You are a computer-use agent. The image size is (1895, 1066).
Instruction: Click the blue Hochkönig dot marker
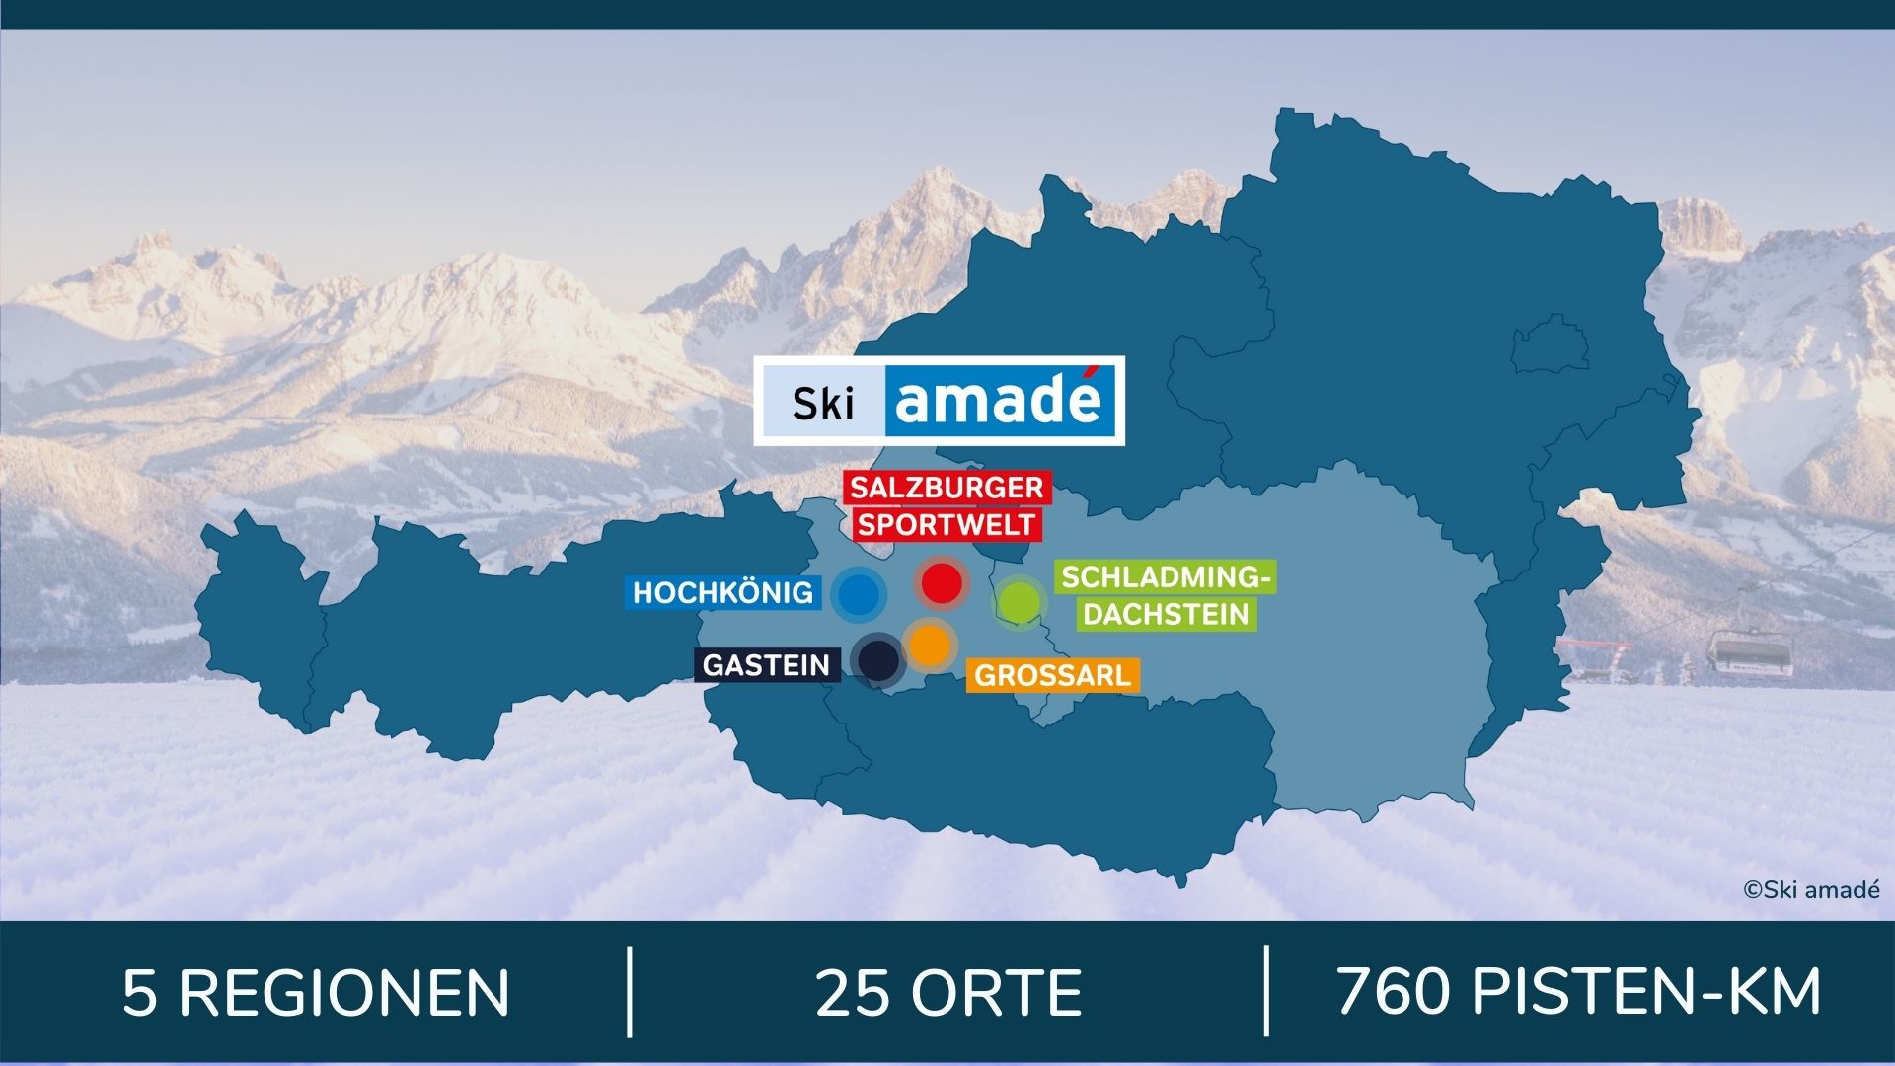pyautogui.click(x=858, y=594)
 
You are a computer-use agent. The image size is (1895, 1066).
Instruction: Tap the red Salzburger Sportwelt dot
pyautogui.click(x=941, y=582)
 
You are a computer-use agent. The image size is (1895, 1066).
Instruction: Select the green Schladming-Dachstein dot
pyautogui.click(x=1019, y=601)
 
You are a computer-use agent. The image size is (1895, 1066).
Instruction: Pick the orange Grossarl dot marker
pyautogui.click(x=929, y=645)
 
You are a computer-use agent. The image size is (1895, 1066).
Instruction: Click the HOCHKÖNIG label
pyautogui.click(x=723, y=593)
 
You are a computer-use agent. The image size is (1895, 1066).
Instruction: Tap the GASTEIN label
pyautogui.click(x=766, y=665)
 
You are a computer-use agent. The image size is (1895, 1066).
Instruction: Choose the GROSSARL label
pyautogui.click(x=1052, y=676)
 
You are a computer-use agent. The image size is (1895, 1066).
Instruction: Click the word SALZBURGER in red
pyautogui.click(x=947, y=488)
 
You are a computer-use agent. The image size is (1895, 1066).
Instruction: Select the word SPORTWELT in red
pyautogui.click(x=946, y=524)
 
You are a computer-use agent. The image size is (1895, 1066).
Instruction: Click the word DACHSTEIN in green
pyautogui.click(x=1166, y=614)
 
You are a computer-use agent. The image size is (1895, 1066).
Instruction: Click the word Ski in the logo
pyautogui.click(x=822, y=403)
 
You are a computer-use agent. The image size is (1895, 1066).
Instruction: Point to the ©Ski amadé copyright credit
pyautogui.click(x=1811, y=890)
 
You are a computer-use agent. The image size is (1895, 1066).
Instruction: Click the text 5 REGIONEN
pyautogui.click(x=316, y=993)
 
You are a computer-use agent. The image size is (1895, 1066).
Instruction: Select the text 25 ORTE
pyautogui.click(x=947, y=993)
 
